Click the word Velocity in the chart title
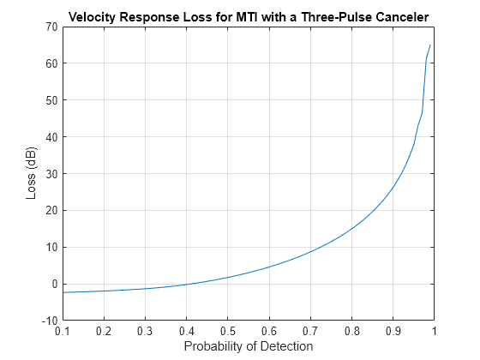93,17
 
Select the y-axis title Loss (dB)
32,173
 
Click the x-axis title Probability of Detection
247,346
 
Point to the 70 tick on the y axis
51,27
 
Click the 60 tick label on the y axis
51,63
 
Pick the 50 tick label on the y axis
51,100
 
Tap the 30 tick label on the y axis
51,174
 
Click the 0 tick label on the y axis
53,284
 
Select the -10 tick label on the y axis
49,321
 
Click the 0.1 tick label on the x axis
62,331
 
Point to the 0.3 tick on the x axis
145,331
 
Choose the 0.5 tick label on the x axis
227,331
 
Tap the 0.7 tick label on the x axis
310,331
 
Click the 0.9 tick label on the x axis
393,331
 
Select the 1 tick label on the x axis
434,331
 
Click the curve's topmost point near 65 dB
430,45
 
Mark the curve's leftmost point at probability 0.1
63,292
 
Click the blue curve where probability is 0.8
351,228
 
